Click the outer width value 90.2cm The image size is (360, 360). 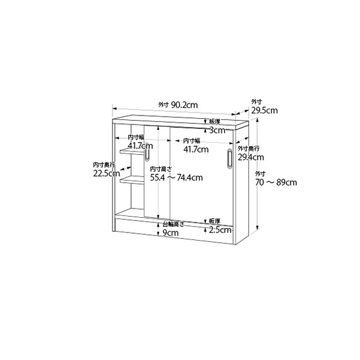click(184, 105)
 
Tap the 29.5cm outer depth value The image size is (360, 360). click(264, 111)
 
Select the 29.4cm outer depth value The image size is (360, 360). click(251, 157)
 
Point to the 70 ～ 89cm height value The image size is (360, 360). click(276, 183)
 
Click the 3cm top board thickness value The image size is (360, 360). click(217, 130)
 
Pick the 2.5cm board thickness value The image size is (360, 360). click(220, 230)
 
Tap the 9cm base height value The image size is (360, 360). click(171, 233)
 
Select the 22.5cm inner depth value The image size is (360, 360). click(106, 173)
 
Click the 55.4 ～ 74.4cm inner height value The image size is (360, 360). click(176, 177)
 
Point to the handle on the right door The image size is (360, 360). click(230, 159)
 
